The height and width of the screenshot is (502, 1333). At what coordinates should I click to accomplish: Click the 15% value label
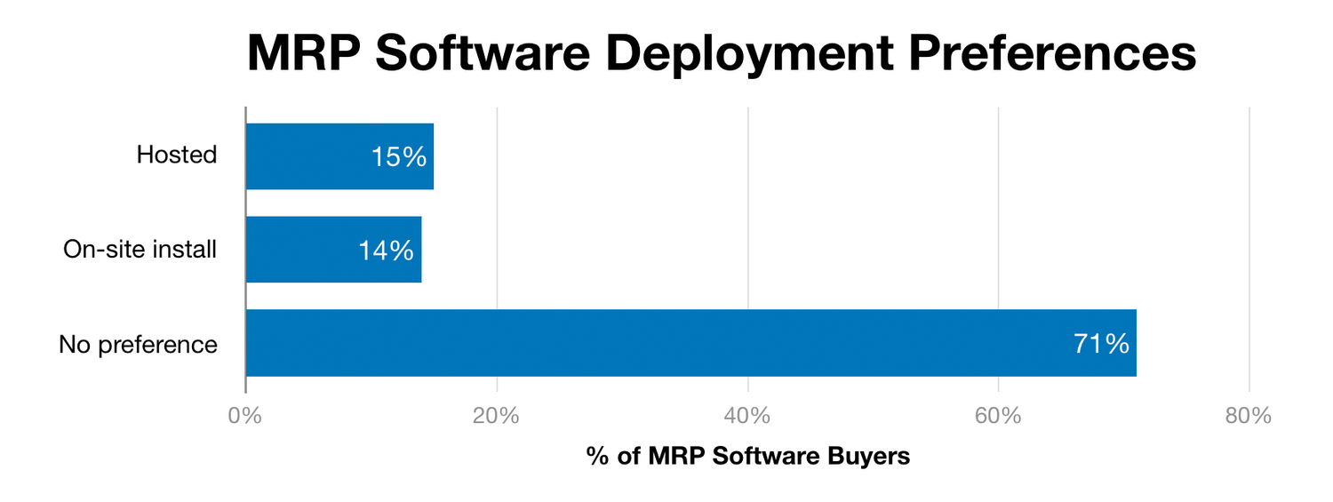point(399,157)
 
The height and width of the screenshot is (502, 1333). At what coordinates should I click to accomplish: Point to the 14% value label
point(387,251)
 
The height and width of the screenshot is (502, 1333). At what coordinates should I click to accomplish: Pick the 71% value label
point(1101,344)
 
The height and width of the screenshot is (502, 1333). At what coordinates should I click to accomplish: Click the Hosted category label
point(176,155)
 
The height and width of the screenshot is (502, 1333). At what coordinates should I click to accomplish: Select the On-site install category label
point(140,249)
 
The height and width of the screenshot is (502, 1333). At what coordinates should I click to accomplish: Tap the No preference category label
point(138,344)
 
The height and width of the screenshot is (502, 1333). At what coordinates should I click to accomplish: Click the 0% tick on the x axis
point(244,416)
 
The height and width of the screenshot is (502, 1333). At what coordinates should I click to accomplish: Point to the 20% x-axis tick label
point(496,416)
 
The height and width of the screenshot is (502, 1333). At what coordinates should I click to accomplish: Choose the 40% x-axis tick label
point(747,416)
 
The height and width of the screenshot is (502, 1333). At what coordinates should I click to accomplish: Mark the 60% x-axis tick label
point(998,416)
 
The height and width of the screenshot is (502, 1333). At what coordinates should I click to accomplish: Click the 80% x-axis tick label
point(1249,416)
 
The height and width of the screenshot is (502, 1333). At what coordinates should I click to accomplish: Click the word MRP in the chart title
point(304,53)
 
